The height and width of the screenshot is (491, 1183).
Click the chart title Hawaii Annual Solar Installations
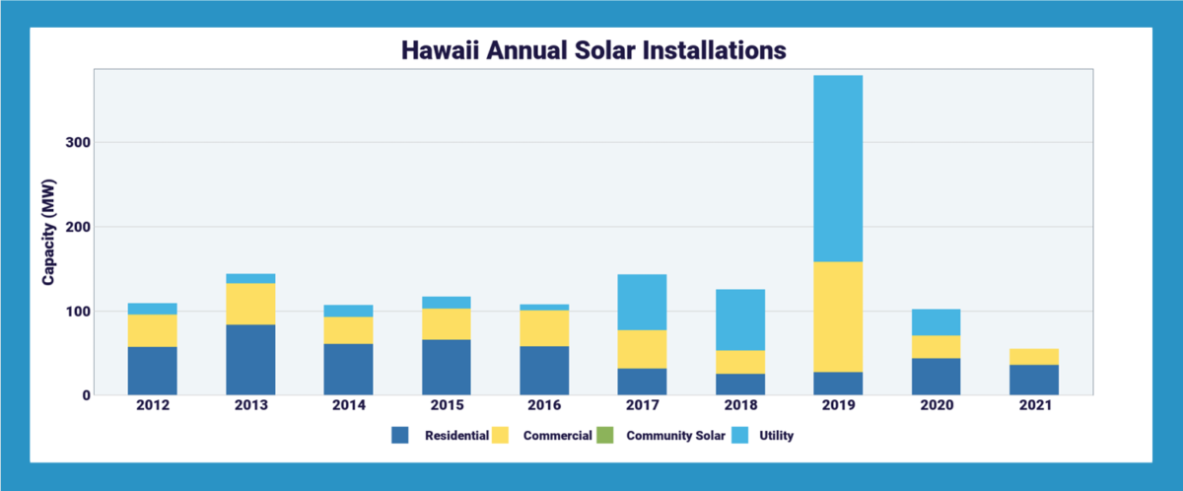point(591,49)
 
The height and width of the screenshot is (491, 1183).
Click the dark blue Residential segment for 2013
point(250,360)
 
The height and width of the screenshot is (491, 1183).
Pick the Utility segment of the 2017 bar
point(642,302)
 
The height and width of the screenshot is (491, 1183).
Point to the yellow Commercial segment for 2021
point(1034,357)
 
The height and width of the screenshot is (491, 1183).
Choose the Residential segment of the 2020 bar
point(936,377)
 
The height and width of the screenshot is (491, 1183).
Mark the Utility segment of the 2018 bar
point(739,319)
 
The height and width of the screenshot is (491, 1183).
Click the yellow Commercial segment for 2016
point(544,328)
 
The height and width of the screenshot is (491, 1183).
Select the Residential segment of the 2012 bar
point(153,371)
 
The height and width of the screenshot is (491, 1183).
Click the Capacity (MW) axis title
point(48,233)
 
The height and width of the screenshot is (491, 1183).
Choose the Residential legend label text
point(457,435)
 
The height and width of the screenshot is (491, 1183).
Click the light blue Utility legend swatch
point(741,435)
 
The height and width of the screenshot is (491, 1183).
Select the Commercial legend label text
point(558,435)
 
